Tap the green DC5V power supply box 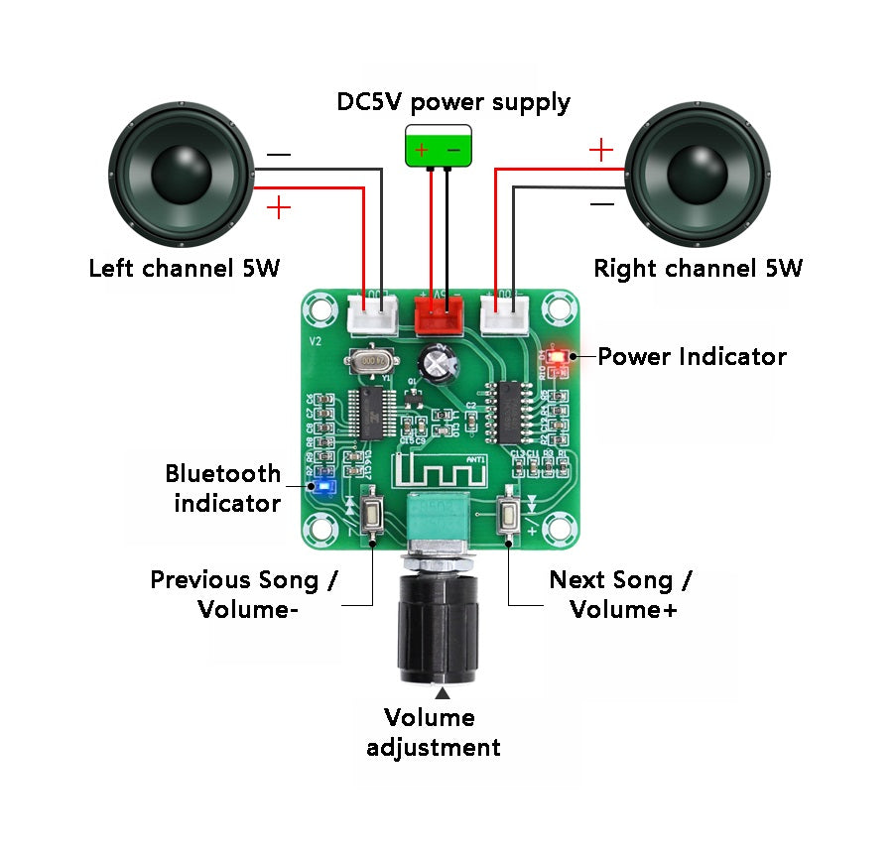tap(438, 148)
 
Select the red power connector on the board tap(438, 315)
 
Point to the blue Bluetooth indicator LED tap(322, 486)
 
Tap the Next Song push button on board tap(509, 514)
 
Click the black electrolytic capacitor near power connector tap(437, 363)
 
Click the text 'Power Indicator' tap(692, 357)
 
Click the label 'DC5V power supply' tap(453, 102)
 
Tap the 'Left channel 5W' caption tap(185, 268)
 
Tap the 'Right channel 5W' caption tap(698, 268)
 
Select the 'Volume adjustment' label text tap(434, 732)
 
